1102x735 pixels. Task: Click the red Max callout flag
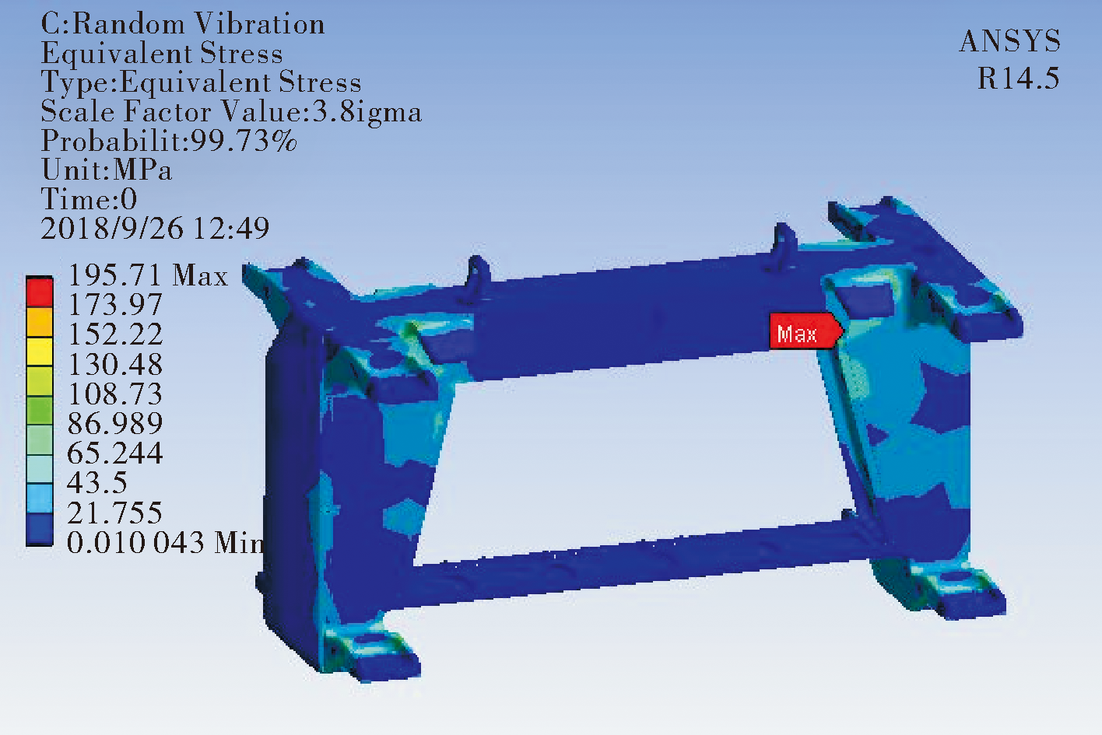tap(805, 331)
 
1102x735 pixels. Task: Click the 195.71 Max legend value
tap(148, 275)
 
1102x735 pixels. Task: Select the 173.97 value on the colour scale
tap(114, 304)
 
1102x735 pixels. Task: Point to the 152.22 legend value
tap(114, 334)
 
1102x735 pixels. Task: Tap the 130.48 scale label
tap(114, 364)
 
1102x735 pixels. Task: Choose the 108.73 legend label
tap(114, 394)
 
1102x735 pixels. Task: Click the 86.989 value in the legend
tap(114, 423)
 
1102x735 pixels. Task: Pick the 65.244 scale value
tap(114, 453)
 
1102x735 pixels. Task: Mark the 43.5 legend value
tap(97, 482)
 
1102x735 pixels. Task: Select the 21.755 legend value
tap(114, 513)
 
